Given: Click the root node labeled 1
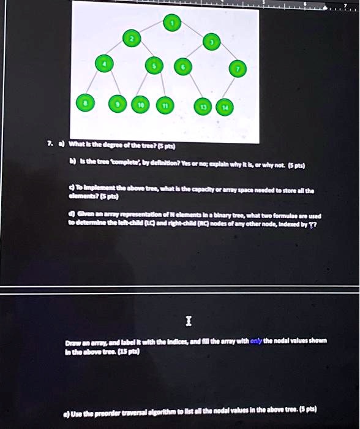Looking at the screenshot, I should pos(173,23).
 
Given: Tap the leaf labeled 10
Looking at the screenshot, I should pos(140,105).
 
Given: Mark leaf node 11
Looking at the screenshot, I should pos(163,105).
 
